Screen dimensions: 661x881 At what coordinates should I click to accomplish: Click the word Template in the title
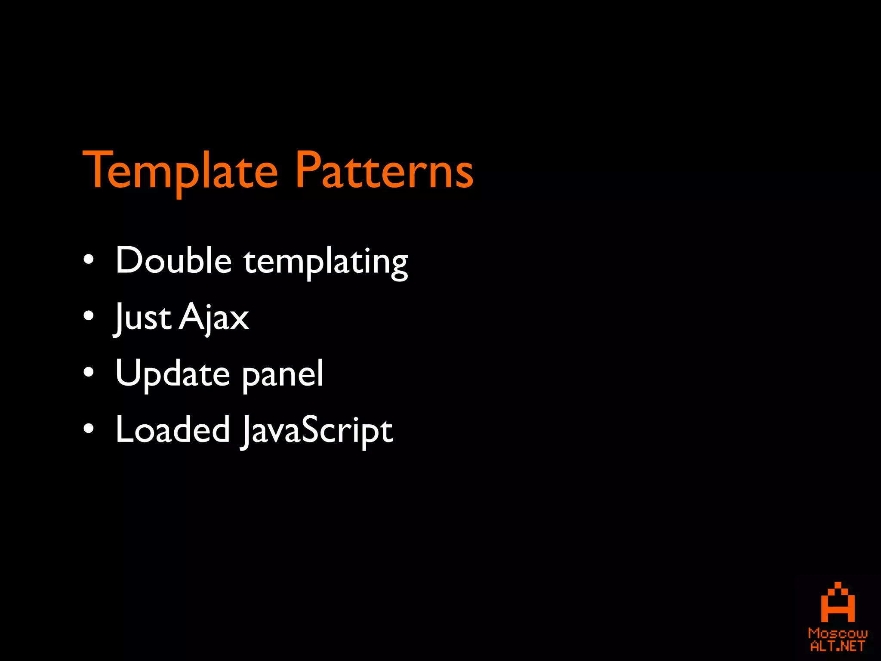click(x=180, y=171)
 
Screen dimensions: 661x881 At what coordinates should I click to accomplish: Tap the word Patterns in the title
click(x=384, y=171)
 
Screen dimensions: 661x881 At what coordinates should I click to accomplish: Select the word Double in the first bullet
click(x=174, y=260)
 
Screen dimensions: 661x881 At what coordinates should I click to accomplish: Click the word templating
click(x=326, y=262)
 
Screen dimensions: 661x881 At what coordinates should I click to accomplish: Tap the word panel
click(x=283, y=375)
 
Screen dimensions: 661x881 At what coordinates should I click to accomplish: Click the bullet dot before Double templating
click(x=89, y=260)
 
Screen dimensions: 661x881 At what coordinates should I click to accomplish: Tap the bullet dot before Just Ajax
click(x=89, y=317)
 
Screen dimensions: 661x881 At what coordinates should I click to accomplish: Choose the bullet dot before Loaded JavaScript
click(x=89, y=429)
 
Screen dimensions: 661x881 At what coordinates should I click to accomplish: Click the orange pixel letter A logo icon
click(x=838, y=603)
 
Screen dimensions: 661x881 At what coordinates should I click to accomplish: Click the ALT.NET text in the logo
click(x=838, y=646)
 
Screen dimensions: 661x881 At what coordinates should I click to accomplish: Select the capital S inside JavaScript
click(x=313, y=429)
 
